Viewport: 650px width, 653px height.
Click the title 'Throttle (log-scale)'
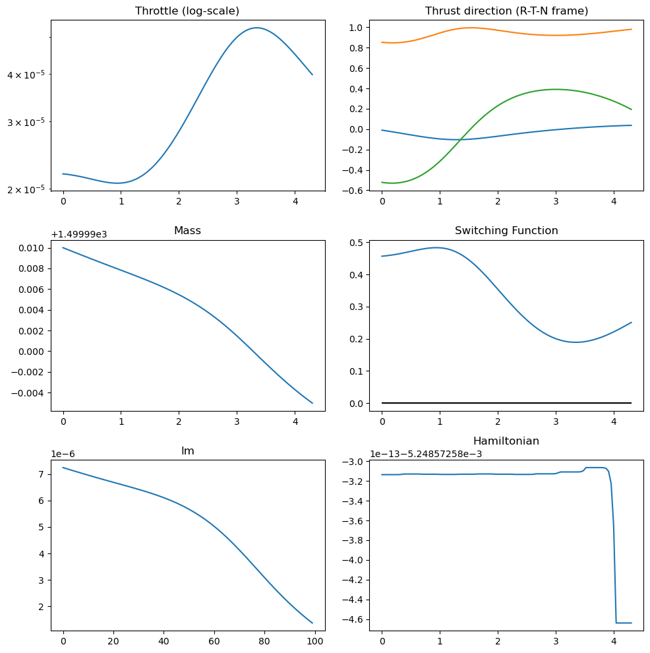tap(187, 11)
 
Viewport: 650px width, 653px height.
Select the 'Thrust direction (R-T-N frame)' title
tap(506, 11)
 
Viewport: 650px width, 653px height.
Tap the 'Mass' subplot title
tap(187, 231)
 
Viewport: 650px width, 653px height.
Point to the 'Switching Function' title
tap(506, 231)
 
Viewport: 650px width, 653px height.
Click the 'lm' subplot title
tap(187, 451)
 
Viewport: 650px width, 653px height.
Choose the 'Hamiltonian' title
tap(506, 440)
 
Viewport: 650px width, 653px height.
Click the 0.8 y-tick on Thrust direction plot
tap(356, 48)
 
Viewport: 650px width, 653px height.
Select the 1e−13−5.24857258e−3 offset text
tap(426, 454)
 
